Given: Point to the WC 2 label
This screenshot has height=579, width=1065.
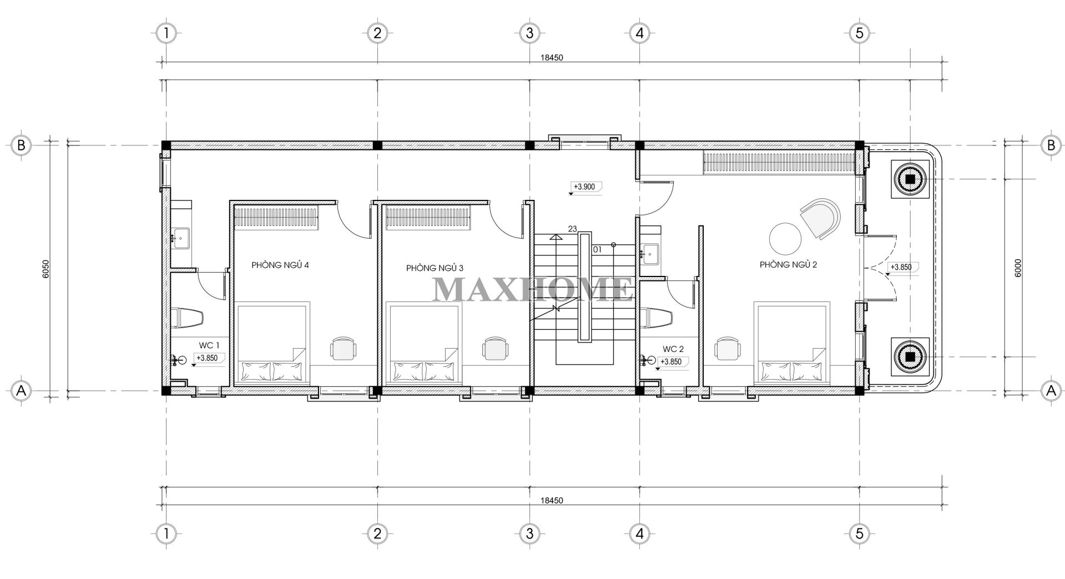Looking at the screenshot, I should (x=673, y=349).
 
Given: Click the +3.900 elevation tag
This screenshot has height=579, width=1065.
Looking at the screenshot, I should (x=584, y=187).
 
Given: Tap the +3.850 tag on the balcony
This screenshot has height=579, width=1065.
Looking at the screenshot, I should (x=901, y=267).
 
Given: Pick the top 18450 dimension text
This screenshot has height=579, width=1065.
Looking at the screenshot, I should (x=551, y=58).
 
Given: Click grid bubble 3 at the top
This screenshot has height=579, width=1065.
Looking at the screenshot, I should (x=529, y=33).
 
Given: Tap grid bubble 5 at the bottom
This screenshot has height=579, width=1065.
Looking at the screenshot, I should (x=859, y=534).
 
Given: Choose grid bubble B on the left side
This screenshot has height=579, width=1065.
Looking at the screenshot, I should (x=21, y=145).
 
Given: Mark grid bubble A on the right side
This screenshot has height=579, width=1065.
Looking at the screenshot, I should (x=1050, y=391).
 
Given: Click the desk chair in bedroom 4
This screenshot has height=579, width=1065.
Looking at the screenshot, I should (x=342, y=349).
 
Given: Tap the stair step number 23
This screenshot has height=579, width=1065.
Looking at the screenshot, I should (x=573, y=229).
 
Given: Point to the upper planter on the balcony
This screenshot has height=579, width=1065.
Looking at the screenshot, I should (x=910, y=179).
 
